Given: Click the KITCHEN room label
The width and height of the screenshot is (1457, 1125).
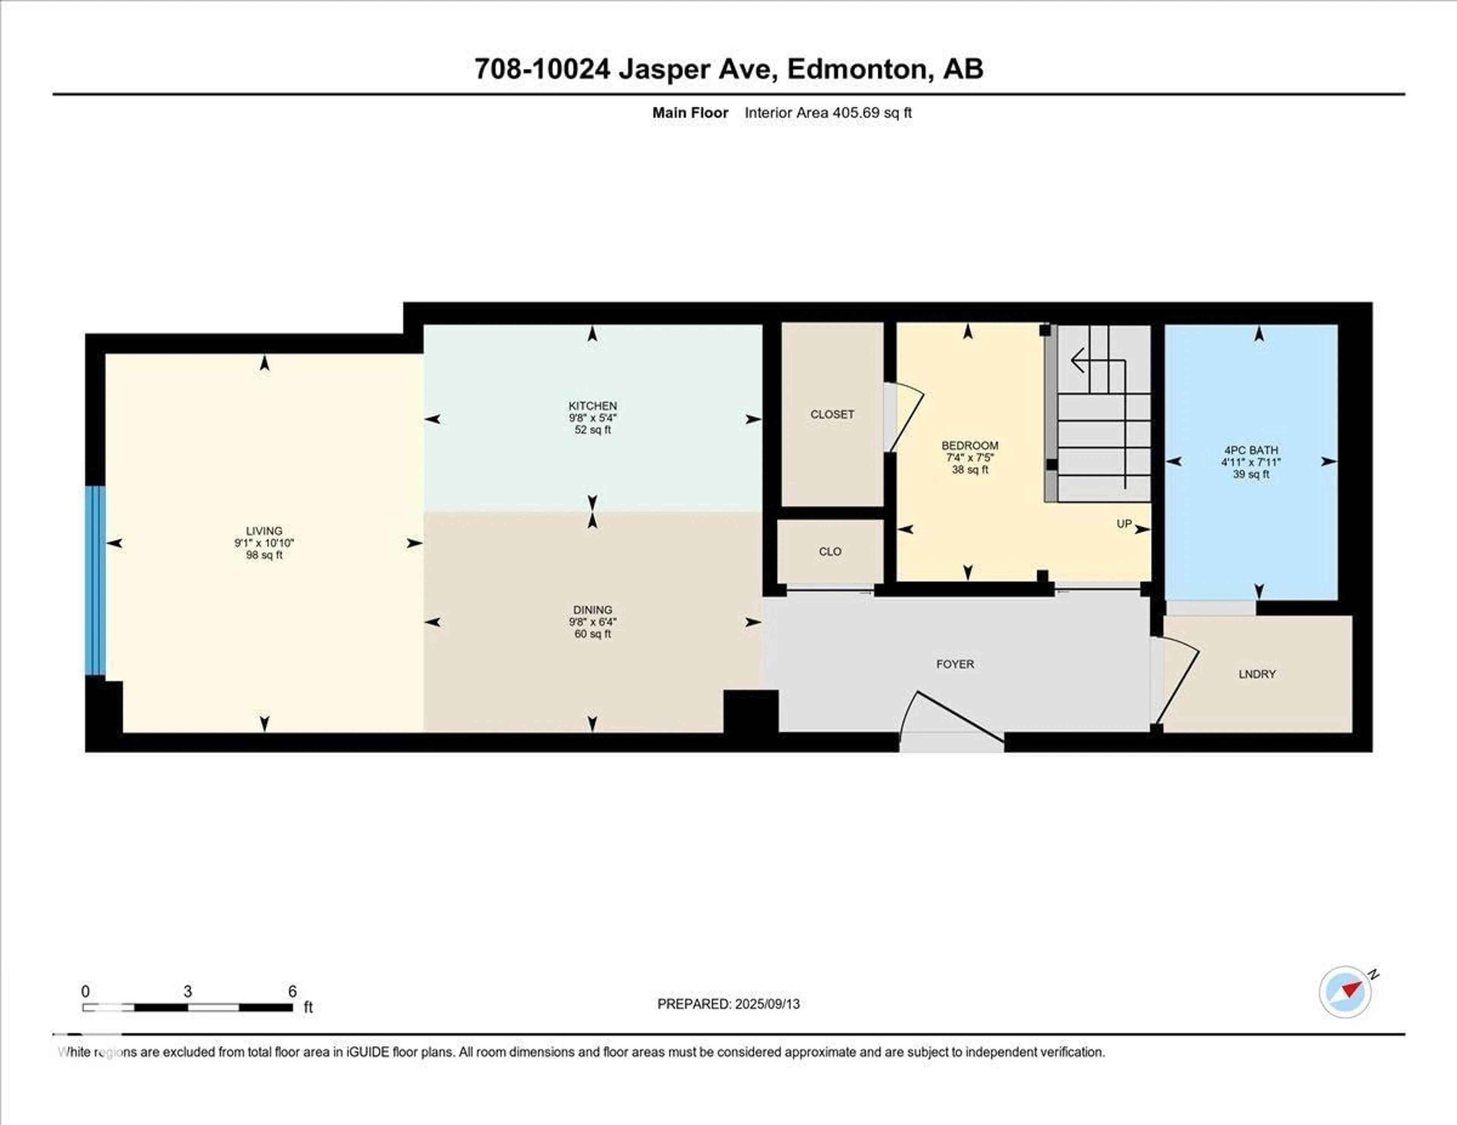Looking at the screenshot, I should click(592, 405).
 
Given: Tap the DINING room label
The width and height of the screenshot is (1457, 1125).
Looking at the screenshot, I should click(592, 610).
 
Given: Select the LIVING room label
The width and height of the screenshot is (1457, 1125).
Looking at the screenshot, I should click(264, 531).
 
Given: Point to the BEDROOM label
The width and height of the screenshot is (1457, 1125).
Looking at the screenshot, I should click(969, 445).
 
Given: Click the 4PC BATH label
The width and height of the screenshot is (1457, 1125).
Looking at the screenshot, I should click(1251, 450).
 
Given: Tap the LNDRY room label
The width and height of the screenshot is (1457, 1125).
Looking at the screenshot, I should click(1257, 674).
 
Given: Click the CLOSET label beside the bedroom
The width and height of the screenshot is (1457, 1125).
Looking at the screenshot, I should click(832, 414).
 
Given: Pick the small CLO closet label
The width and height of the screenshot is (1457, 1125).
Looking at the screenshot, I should click(830, 552).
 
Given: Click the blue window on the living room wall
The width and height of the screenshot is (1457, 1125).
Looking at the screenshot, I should click(95, 580).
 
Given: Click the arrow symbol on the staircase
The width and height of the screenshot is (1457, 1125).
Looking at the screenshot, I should click(1078, 361).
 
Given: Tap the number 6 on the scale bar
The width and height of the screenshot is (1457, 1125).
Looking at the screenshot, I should click(292, 991).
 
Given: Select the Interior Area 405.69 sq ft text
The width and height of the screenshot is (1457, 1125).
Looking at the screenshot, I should click(828, 113).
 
